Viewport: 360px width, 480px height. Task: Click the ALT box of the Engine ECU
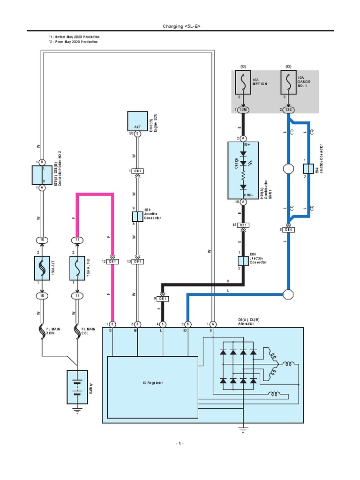137,121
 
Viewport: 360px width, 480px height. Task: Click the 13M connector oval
243,110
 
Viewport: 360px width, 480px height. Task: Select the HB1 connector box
243,225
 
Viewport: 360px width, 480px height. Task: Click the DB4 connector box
289,230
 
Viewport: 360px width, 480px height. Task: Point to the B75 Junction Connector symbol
137,216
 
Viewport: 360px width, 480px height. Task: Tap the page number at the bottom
180,443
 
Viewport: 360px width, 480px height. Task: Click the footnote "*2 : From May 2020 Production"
74,42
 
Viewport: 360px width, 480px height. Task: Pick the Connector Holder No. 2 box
42,174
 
